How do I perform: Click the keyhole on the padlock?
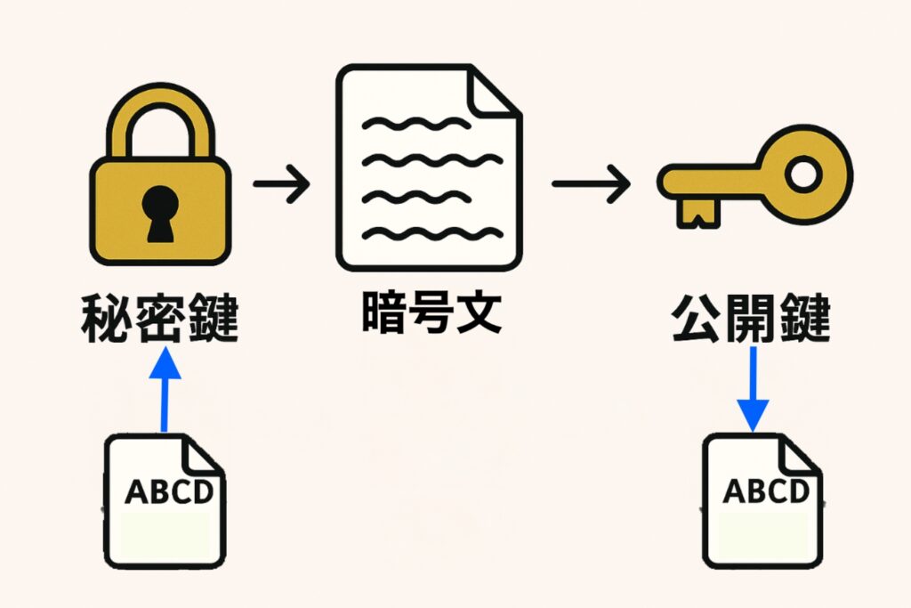[x=159, y=213]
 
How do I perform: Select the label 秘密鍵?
[x=160, y=318]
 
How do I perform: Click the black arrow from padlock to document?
[x=281, y=185]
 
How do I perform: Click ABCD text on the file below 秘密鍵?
[x=168, y=491]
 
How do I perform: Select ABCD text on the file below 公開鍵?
[x=766, y=490]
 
